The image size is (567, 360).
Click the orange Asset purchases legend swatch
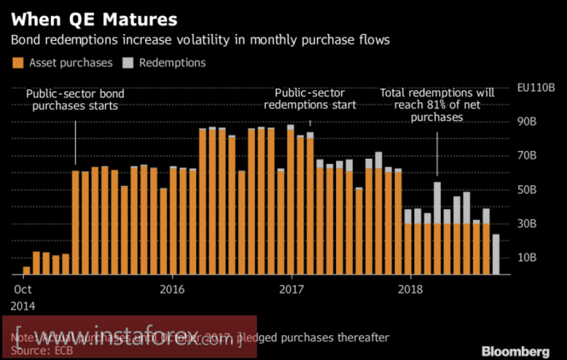(x=16, y=62)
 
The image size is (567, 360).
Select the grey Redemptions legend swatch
(x=129, y=62)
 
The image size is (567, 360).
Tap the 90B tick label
(x=528, y=122)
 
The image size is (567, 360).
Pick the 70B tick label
(x=528, y=155)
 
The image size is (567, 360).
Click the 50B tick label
(x=528, y=189)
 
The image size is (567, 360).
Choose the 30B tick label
(x=528, y=224)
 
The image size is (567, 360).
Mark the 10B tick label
(x=528, y=257)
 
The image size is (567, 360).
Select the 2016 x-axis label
(x=172, y=289)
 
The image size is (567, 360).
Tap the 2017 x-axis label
(x=292, y=289)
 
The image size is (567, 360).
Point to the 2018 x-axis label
(x=411, y=289)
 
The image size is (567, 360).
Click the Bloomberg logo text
(x=515, y=351)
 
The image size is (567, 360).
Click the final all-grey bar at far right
(x=496, y=254)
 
